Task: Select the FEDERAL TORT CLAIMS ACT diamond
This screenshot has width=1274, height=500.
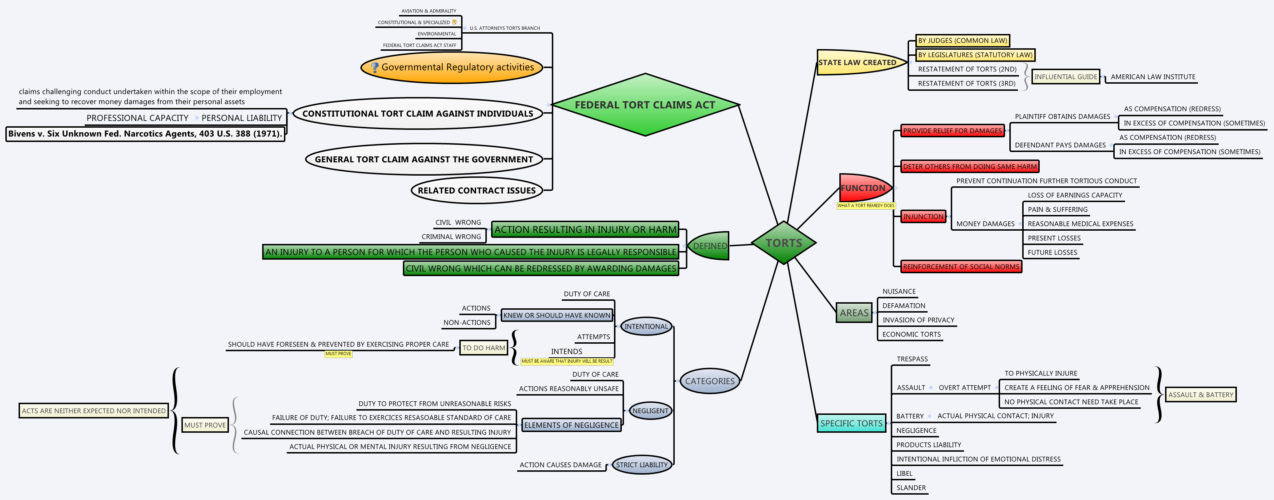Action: tap(645, 105)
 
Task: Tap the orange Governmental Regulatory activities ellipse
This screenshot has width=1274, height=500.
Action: tap(452, 67)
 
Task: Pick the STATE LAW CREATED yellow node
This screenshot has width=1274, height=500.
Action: tap(858, 62)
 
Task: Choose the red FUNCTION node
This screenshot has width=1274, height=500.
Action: tap(864, 188)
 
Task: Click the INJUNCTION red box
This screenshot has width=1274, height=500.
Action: tap(923, 217)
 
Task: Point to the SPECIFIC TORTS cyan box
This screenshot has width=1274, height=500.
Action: tap(851, 423)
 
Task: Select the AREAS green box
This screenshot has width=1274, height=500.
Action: tap(854, 313)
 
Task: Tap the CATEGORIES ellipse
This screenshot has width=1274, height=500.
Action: tap(709, 381)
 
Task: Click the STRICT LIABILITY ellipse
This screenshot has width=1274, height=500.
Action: tap(641, 465)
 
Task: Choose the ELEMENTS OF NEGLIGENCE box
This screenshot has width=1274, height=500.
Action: tap(571, 425)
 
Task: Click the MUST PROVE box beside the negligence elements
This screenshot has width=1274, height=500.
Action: tap(205, 425)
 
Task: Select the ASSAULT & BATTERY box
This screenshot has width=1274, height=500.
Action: tap(1200, 394)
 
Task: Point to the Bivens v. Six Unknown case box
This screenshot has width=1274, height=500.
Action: tap(145, 134)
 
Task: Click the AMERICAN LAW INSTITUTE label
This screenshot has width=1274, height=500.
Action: tap(1152, 77)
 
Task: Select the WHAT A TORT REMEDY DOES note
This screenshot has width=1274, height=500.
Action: tap(865, 205)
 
